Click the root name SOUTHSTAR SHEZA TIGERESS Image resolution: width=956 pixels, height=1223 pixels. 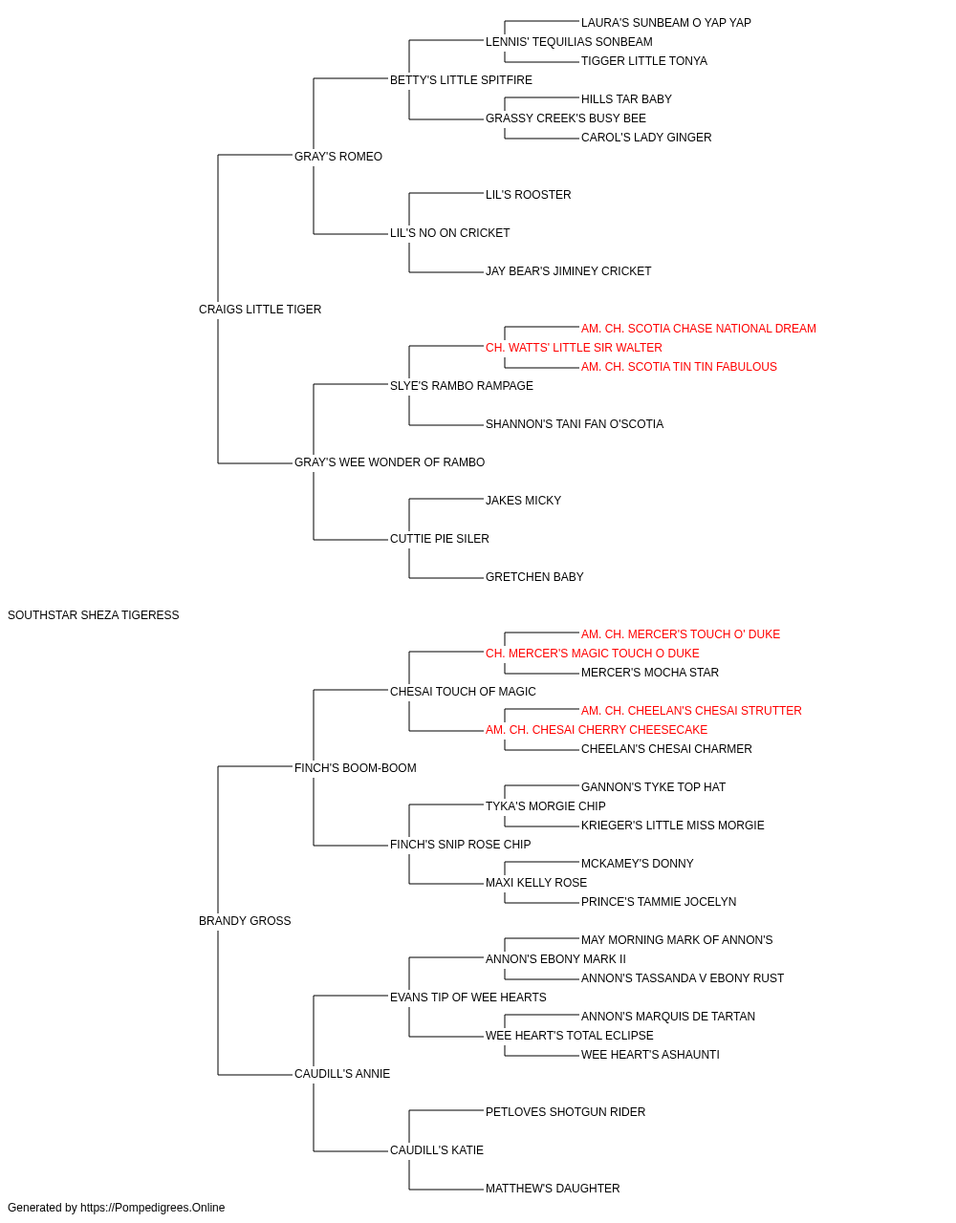click(94, 614)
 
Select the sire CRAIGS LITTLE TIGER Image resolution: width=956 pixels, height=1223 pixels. click(260, 309)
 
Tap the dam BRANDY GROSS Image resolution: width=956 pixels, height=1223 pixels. click(245, 920)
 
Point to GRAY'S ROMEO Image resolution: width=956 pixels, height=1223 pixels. click(338, 156)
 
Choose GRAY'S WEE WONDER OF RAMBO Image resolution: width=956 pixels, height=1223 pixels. click(390, 462)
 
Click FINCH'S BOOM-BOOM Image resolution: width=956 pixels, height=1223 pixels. click(356, 767)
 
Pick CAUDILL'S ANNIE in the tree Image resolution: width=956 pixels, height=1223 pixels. click(342, 1073)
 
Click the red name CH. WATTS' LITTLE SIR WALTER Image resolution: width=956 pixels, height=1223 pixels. click(574, 347)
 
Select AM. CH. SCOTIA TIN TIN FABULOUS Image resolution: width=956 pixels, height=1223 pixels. click(679, 366)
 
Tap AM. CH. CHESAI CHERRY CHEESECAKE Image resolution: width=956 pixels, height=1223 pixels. click(597, 729)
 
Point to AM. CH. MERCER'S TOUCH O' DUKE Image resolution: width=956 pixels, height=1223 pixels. click(681, 633)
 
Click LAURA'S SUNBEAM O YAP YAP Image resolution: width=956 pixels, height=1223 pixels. click(666, 23)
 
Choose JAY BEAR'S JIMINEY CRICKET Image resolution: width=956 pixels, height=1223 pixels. click(568, 270)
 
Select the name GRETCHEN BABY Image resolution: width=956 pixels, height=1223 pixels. click(534, 576)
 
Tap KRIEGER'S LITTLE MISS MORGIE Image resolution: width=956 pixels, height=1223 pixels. click(673, 826)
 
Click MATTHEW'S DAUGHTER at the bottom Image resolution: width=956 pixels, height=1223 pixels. click(553, 1188)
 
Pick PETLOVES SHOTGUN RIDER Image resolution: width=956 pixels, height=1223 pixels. click(565, 1111)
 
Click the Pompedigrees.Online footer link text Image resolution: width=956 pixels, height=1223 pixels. click(153, 1208)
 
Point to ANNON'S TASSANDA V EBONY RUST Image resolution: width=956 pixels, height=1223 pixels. click(683, 977)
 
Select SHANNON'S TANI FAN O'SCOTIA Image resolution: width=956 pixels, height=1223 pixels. click(575, 424)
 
